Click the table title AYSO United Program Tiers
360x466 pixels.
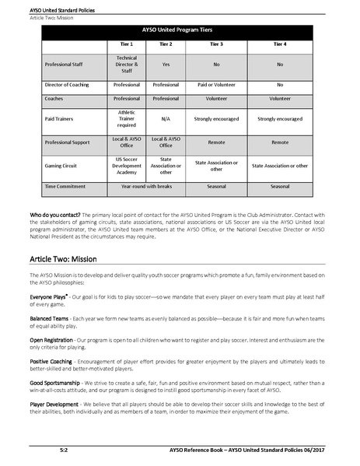tap(180, 30)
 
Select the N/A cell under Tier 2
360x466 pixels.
tap(166, 119)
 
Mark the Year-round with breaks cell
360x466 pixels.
tap(146, 187)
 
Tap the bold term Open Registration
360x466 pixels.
tap(55, 339)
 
